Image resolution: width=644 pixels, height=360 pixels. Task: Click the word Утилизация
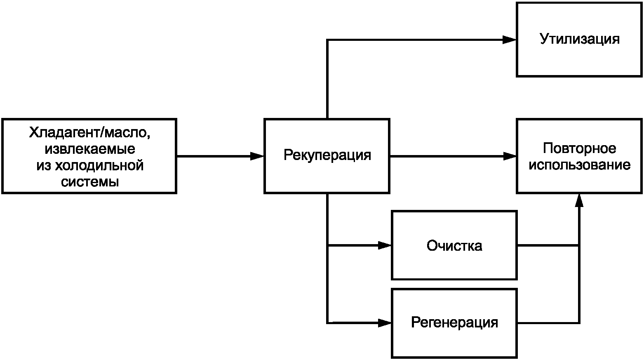(580, 39)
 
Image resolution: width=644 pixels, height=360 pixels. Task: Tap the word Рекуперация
(327, 155)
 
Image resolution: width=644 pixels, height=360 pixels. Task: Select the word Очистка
(454, 246)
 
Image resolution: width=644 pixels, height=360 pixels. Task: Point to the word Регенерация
(454, 322)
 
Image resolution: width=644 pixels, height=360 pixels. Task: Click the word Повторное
(579, 149)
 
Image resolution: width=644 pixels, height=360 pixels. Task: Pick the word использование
(579, 165)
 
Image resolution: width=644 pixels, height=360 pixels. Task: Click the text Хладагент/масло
(90, 133)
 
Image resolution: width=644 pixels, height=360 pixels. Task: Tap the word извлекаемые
(90, 149)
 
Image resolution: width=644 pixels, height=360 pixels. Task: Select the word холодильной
(99, 166)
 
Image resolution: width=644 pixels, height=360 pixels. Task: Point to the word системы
(90, 182)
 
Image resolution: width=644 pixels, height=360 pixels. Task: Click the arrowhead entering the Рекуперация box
(257, 156)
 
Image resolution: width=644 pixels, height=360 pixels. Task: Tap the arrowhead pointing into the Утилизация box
(510, 40)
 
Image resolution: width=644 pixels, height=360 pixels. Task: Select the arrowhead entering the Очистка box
(385, 245)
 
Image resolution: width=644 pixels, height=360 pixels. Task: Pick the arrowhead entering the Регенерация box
(385, 323)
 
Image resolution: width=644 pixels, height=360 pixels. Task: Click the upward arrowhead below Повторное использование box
(579, 200)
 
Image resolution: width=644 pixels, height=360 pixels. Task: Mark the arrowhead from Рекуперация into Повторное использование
(510, 156)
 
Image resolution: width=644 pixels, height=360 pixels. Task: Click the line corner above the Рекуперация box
(327, 40)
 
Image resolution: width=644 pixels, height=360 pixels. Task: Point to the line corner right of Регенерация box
(579, 323)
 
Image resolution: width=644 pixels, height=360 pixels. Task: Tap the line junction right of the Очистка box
(579, 245)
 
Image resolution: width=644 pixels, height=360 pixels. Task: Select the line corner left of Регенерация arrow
(327, 323)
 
